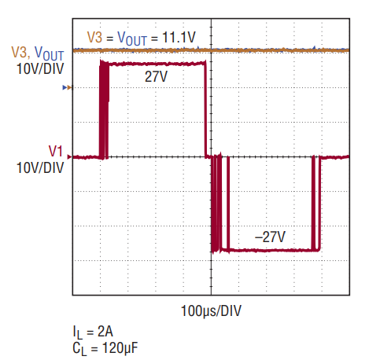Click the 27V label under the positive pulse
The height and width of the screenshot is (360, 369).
[x=156, y=77]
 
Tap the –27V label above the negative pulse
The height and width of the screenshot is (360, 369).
[x=270, y=237]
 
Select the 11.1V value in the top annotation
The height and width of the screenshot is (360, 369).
[x=179, y=37]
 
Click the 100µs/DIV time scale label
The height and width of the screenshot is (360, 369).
[x=211, y=311]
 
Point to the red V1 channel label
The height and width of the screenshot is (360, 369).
[x=56, y=151]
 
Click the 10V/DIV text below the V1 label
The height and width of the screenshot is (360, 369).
[x=40, y=167]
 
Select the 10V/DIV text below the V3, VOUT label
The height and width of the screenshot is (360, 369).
[x=40, y=69]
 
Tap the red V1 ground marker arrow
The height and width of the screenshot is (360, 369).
[x=69, y=157]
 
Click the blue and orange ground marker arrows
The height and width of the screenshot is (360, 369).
[x=67, y=88]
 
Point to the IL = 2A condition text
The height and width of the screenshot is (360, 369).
[x=93, y=332]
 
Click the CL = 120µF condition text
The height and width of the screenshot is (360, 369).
[x=105, y=349]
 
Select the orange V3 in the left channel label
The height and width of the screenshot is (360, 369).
[x=19, y=52]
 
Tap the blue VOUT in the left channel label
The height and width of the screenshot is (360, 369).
[x=49, y=53]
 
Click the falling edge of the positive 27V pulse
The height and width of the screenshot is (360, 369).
[x=205, y=109]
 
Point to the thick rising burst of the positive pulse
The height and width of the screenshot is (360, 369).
[x=104, y=109]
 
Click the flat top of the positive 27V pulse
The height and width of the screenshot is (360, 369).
[x=157, y=64]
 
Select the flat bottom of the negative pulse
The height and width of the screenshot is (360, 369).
[x=270, y=250]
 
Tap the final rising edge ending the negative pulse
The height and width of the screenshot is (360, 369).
[x=319, y=203]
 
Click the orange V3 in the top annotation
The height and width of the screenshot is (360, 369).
[x=94, y=37]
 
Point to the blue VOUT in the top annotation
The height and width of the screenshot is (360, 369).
[x=132, y=39]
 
